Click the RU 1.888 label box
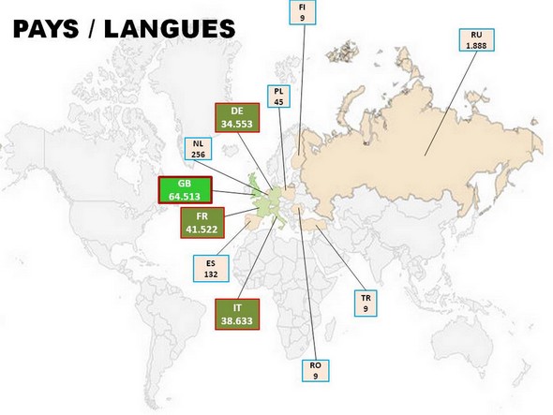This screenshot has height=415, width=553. [x=476, y=40]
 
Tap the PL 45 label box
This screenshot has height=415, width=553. [x=279, y=97]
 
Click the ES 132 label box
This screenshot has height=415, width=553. [x=212, y=269]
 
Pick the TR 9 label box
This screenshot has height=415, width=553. [x=366, y=303]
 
